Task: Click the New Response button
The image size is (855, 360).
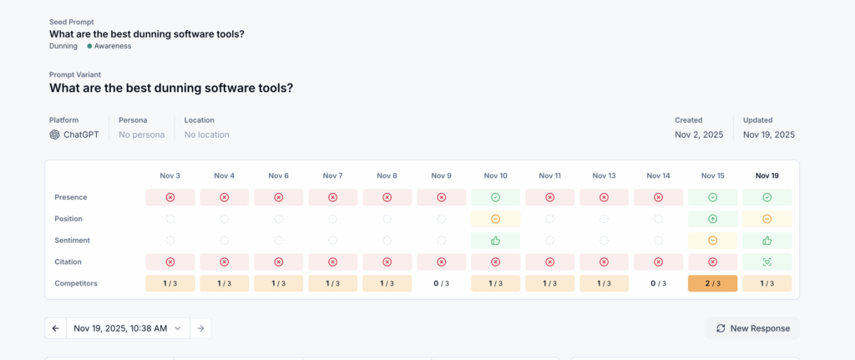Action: [752, 328]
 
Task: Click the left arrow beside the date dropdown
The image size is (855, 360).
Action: [55, 328]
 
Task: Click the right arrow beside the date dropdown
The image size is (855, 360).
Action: [200, 328]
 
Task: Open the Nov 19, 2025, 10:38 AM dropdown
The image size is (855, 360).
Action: [128, 328]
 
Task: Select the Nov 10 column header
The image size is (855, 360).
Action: [495, 175]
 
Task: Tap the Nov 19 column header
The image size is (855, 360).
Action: [766, 175]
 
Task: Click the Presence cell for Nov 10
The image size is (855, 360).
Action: [495, 197]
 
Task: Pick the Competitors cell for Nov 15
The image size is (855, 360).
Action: [712, 283]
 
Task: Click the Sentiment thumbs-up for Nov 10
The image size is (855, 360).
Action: [495, 241]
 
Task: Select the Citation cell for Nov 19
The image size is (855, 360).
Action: [766, 261]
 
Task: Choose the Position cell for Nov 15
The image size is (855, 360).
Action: [712, 219]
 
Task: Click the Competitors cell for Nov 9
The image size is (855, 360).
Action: [441, 283]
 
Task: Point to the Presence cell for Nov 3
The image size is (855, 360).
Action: [169, 197]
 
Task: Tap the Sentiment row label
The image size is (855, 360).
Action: [73, 241]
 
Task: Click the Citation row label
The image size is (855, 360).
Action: [69, 261]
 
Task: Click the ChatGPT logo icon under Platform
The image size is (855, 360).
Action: [54, 134]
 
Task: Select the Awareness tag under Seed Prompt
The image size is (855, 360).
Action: [112, 46]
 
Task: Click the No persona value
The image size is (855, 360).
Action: [141, 134]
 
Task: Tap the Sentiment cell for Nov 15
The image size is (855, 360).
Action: [712, 241]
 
